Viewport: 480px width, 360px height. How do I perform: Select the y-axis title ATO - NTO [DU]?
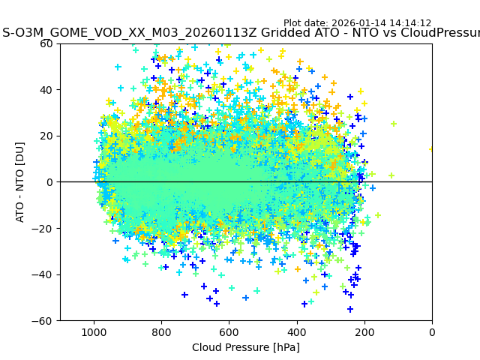(x=20, y=182)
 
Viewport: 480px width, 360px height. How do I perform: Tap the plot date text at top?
(x=357, y=23)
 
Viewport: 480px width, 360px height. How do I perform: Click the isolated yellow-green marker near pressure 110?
(x=394, y=124)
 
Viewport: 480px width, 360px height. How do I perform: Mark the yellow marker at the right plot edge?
(x=431, y=148)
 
